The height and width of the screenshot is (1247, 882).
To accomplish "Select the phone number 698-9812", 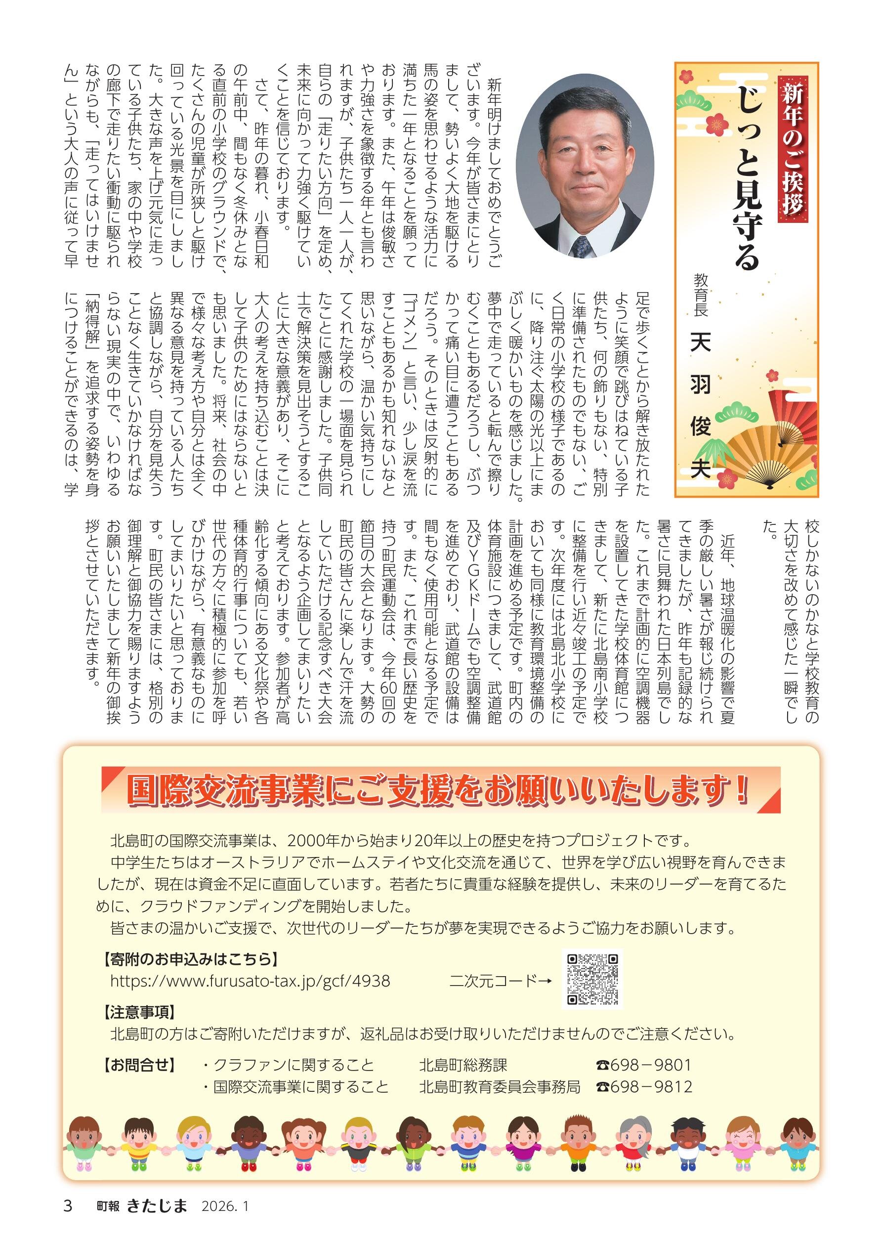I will click(x=644, y=1087).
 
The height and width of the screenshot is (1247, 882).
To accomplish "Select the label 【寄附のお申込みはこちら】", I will click(x=190, y=959).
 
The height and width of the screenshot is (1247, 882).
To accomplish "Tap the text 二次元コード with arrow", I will click(x=500, y=981).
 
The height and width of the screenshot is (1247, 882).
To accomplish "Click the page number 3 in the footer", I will click(x=68, y=1221).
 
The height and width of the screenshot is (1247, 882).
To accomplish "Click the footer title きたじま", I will click(x=157, y=1221).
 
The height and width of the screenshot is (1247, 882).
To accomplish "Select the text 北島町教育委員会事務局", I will click(x=499, y=1087).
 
